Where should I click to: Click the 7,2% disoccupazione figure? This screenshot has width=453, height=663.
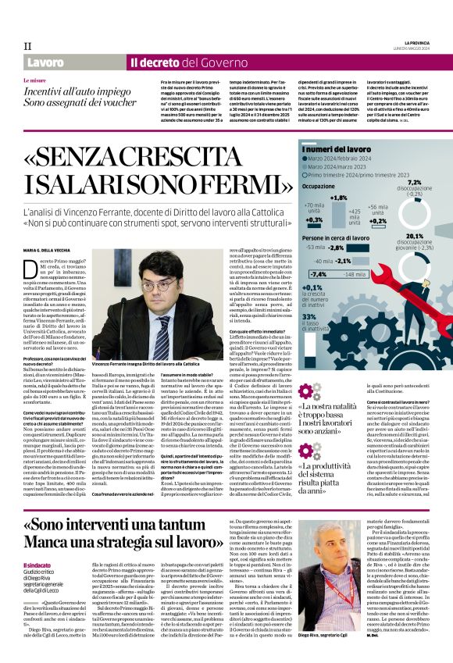point(414,183)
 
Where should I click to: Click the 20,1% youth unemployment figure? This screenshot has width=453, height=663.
point(414,235)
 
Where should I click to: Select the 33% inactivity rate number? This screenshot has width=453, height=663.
point(309,315)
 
